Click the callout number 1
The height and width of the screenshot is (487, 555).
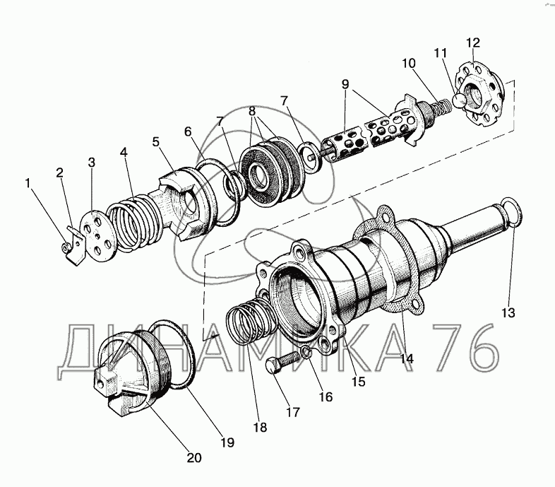click(28, 183)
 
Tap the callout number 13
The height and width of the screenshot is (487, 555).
click(508, 313)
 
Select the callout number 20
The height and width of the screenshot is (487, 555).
click(194, 458)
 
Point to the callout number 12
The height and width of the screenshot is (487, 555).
click(473, 42)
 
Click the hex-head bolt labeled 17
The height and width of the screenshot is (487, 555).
click(282, 362)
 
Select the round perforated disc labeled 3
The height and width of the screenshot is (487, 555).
click(96, 235)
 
